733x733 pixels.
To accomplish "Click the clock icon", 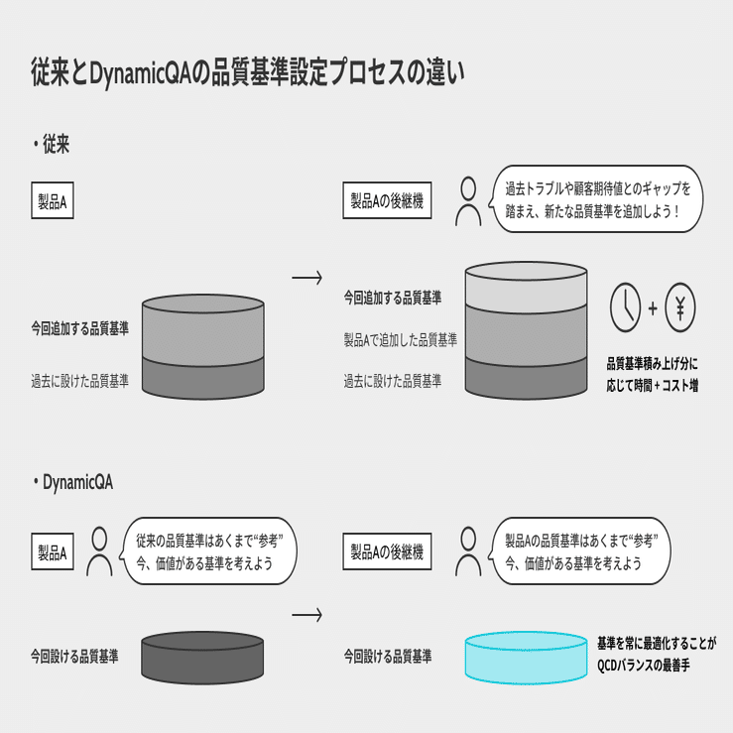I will tap(626, 306).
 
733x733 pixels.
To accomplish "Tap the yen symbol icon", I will tap(680, 306).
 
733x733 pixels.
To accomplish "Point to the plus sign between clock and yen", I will tap(653, 307).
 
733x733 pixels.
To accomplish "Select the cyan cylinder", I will tap(526, 658).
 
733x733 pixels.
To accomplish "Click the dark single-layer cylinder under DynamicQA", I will tap(202, 656).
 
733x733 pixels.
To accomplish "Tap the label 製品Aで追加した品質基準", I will tap(401, 340).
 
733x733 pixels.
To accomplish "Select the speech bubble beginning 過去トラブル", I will tap(597, 199).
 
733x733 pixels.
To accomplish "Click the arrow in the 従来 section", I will tap(306, 278).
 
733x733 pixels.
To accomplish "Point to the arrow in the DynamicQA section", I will tap(306, 615).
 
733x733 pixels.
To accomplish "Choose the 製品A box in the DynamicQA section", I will tap(52, 552).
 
